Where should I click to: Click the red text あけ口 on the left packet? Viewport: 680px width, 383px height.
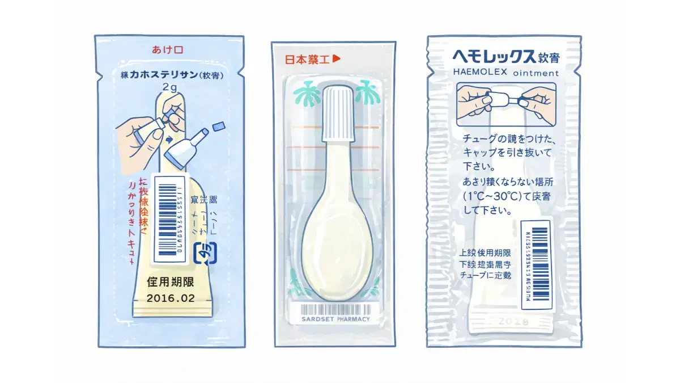click(x=167, y=50)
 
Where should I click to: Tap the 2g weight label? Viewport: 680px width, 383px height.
click(x=170, y=87)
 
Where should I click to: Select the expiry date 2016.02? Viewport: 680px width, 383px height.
click(x=171, y=297)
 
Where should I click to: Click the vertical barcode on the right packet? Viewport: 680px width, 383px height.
click(x=535, y=263)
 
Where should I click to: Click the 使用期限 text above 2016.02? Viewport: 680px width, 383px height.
click(x=171, y=281)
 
